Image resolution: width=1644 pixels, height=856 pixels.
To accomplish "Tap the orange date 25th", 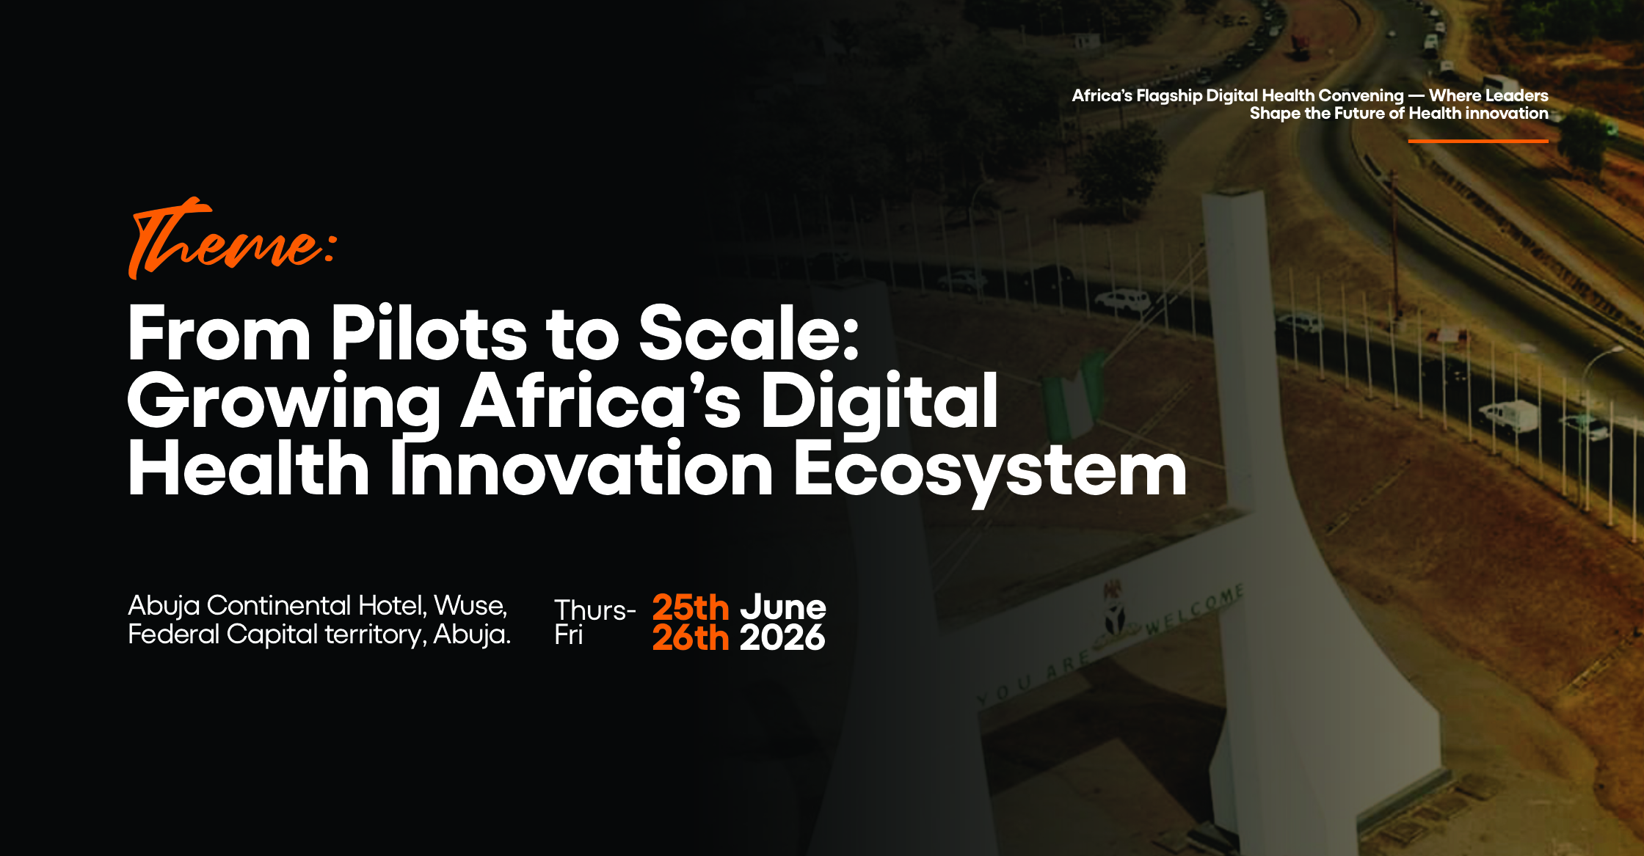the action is [690, 607].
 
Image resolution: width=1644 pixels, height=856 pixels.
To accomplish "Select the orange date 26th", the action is [690, 637].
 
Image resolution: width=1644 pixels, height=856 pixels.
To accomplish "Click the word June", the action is [782, 607].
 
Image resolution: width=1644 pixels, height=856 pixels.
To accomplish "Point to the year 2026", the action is [782, 637].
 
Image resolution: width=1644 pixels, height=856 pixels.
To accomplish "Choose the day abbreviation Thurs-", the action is [595, 610].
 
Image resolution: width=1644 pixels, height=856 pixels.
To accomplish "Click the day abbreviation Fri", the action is [569, 634].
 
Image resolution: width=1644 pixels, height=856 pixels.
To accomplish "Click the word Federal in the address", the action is [173, 634].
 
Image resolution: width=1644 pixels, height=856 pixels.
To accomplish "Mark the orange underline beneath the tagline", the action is [1478, 141].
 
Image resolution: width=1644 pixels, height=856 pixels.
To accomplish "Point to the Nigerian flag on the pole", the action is [1072, 396].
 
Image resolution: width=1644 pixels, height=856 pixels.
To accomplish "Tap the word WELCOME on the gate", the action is [1195, 609].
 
